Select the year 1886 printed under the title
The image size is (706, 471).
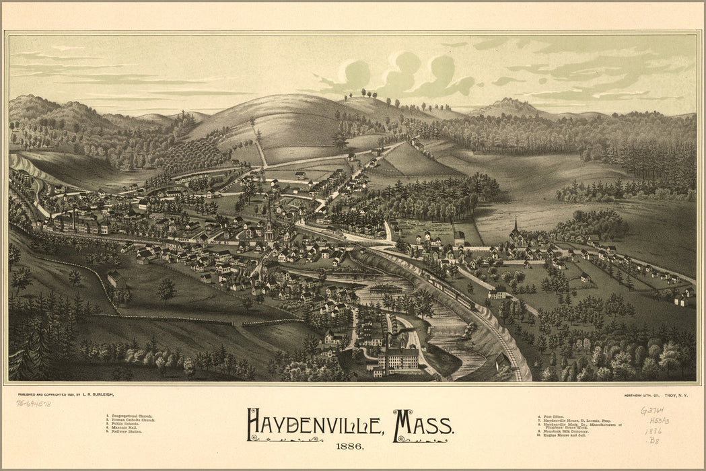pyautogui.click(x=351, y=447)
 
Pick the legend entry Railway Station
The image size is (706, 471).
pyautogui.click(x=123, y=431)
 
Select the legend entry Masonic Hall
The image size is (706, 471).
pyautogui.click(x=122, y=427)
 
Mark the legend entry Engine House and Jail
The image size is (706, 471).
pyautogui.click(x=571, y=435)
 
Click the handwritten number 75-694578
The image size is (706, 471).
pyautogui.click(x=34, y=404)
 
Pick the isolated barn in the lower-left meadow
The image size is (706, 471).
pyautogui.click(x=116, y=278)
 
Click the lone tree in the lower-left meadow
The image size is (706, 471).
pyautogui.click(x=166, y=289)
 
